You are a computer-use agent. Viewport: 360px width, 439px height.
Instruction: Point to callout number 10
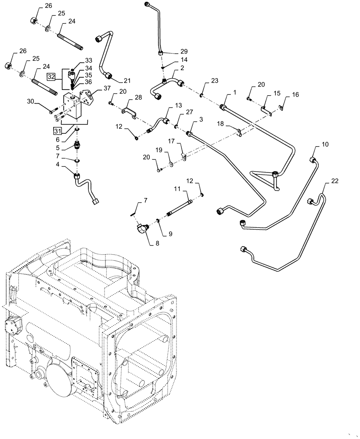tap(324, 144)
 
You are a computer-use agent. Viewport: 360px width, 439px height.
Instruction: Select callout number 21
tap(127, 80)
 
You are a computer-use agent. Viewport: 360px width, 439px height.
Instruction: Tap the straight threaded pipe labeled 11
tap(179, 211)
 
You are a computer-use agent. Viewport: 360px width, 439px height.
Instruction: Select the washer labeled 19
tap(170, 166)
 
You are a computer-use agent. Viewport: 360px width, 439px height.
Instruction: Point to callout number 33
tap(89, 60)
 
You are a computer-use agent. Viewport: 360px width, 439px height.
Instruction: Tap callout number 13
tap(178, 106)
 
